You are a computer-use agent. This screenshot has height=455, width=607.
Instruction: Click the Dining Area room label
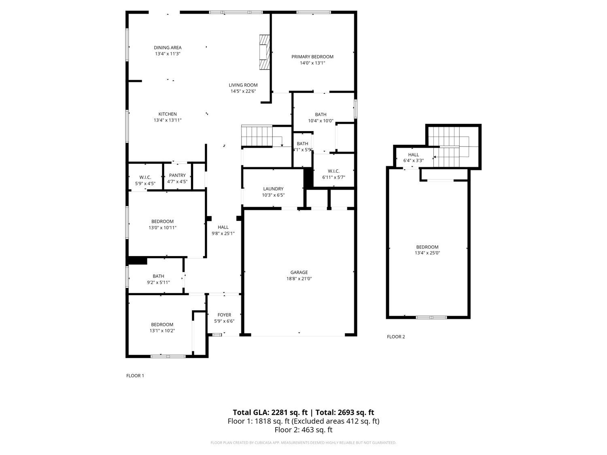point(168,47)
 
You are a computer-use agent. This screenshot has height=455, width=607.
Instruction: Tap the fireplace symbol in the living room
point(264,52)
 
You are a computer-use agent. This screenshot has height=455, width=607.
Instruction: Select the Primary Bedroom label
point(312,57)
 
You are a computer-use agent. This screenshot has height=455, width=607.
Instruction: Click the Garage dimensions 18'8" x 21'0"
point(299,278)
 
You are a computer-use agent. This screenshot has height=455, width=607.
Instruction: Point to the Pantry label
point(177,175)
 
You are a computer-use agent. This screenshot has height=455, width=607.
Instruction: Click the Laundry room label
point(273,189)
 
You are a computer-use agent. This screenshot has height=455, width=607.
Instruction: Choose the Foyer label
point(224,315)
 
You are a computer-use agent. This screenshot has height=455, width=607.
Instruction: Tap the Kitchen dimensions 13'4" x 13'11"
point(168,120)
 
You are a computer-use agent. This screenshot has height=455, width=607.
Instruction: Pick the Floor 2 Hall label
point(414,154)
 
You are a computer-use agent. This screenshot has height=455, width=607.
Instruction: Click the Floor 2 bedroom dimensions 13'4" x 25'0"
point(427,253)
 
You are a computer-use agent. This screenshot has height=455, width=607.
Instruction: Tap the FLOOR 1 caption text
point(135,376)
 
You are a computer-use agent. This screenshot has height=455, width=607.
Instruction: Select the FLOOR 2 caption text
point(396,336)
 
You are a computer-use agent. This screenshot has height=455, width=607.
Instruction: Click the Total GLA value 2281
point(278,413)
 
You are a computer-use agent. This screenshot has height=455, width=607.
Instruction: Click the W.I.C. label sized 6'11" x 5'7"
point(334,171)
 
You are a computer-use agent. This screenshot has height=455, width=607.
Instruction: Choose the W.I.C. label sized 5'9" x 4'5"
point(145,178)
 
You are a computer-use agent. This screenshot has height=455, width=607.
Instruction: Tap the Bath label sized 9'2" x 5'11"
point(158,276)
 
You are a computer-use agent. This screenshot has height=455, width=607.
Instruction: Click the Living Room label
point(243,85)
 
